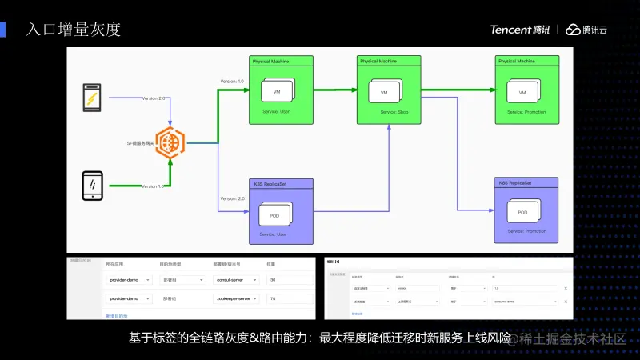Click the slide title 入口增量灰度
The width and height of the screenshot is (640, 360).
pyautogui.click(x=73, y=30)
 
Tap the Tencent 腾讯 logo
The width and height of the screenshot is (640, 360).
pyautogui.click(x=520, y=30)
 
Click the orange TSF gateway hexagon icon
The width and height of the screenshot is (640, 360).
pyautogui.click(x=170, y=142)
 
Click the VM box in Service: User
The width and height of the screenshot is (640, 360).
pyautogui.click(x=277, y=91)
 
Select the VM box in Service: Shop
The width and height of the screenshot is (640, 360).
pyautogui.click(x=384, y=93)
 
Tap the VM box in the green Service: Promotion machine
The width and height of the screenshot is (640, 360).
pyautogui.click(x=522, y=93)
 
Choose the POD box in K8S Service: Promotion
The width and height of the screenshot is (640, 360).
pyautogui.click(x=522, y=212)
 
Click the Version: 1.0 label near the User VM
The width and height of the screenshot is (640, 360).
pyautogui.click(x=232, y=82)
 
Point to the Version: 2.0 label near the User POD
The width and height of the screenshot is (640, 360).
pyautogui.click(x=232, y=198)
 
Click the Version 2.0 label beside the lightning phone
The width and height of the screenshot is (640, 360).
pyautogui.click(x=154, y=98)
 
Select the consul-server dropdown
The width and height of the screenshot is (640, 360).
pyautogui.click(x=235, y=280)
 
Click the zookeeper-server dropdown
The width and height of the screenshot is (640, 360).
pyautogui.click(x=235, y=298)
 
